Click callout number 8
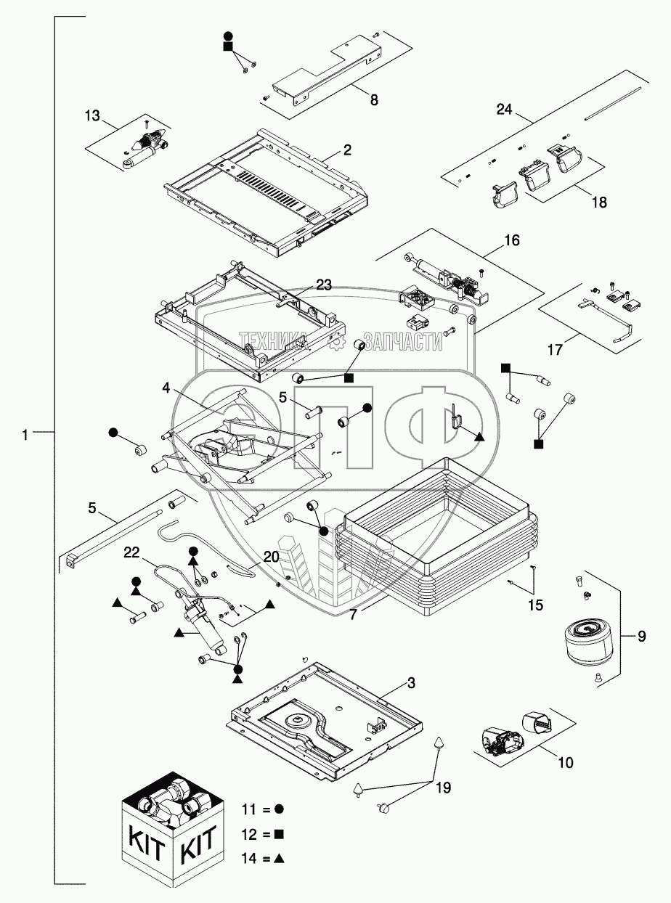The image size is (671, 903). point(373,101)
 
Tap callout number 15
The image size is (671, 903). point(534,604)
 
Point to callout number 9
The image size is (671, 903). point(641,637)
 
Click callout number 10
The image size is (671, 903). point(565,763)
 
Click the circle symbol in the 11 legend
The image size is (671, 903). point(279,808)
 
